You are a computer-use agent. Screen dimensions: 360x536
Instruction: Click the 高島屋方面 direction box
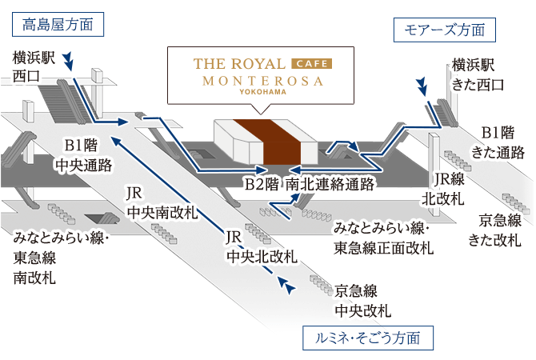[x=58, y=24]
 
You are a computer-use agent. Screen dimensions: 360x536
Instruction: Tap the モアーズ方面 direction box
[x=446, y=31]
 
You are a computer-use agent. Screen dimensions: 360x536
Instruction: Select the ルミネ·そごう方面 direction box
[x=367, y=337]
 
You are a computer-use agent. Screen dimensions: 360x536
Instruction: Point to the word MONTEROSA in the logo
[x=262, y=81]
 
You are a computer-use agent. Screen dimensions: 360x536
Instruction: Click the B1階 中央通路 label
[x=82, y=154]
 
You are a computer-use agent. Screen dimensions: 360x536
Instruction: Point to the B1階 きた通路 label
[x=498, y=142]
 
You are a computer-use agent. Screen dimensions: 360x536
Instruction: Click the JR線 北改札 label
[x=448, y=189]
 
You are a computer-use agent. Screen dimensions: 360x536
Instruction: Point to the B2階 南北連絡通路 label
[x=309, y=185]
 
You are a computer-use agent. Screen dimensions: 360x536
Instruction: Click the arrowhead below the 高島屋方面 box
[x=70, y=62]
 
